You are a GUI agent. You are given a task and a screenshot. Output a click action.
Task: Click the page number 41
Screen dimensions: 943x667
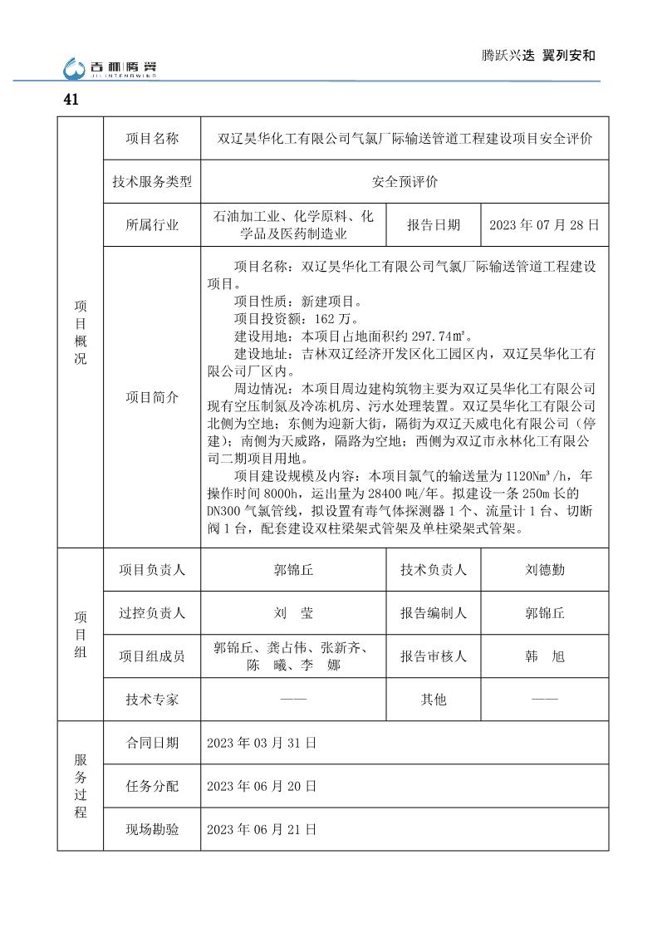(71, 100)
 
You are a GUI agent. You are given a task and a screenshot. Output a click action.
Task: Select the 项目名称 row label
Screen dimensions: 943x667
(152, 139)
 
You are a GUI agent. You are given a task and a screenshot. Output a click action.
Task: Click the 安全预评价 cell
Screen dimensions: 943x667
(405, 182)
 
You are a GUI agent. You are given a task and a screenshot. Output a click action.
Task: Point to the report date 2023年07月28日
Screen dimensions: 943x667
(544, 225)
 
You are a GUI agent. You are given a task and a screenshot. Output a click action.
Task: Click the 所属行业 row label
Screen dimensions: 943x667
(152, 225)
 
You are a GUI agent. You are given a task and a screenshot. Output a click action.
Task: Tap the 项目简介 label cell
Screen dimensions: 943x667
(152, 397)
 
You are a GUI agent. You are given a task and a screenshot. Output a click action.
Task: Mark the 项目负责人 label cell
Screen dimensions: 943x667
(152, 570)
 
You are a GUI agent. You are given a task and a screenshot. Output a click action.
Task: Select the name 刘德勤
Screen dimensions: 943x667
(544, 570)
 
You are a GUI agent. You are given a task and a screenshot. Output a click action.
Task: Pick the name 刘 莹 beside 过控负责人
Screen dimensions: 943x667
(294, 613)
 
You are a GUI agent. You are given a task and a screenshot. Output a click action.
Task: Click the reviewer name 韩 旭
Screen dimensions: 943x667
(544, 656)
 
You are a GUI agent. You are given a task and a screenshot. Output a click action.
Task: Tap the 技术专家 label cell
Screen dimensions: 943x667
(152, 700)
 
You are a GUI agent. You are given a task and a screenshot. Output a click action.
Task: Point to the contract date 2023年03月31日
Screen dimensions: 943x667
(262, 743)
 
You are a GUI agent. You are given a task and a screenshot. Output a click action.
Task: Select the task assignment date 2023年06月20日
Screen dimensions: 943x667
(262, 786)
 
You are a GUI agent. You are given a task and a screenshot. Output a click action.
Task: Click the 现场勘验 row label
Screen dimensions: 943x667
(152, 829)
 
